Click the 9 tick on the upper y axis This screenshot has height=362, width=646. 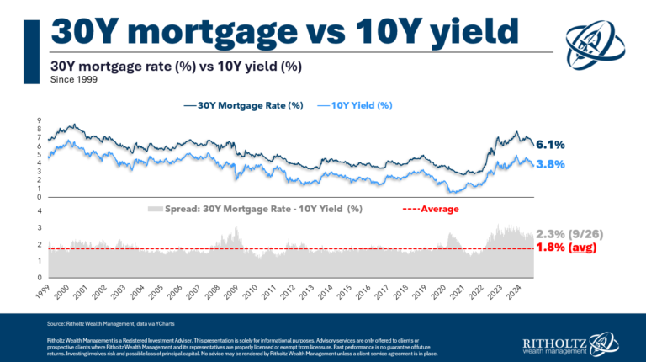pos(40,120)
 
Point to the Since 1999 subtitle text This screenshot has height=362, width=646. pos(73,81)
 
